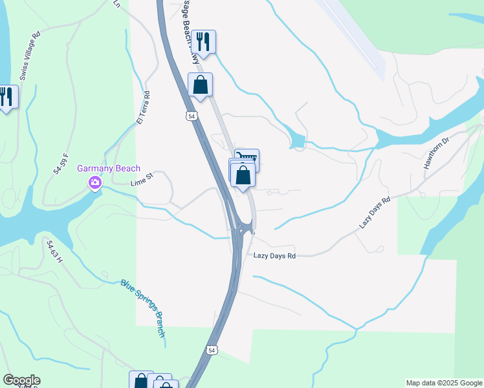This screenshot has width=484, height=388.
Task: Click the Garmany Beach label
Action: pyautogui.click(x=109, y=169)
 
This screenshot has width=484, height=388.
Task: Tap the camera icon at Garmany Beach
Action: pyautogui.click(x=95, y=184)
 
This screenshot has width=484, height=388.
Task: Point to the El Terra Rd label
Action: pyautogui.click(x=143, y=107)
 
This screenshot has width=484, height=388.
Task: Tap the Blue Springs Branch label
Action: pyautogui.click(x=144, y=308)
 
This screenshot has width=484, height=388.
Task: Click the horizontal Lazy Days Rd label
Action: pyautogui.click(x=274, y=256)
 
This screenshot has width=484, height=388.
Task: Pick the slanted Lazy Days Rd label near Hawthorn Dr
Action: pyautogui.click(x=375, y=213)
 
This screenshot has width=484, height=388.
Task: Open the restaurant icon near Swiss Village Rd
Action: pyautogui.click(x=6, y=97)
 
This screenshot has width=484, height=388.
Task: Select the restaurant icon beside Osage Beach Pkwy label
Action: pyautogui.click(x=204, y=42)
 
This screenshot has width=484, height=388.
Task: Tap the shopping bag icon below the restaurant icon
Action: pyautogui.click(x=201, y=84)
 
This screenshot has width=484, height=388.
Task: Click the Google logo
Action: pyautogui.click(x=21, y=380)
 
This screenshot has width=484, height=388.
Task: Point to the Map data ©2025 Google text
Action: pyautogui.click(x=444, y=383)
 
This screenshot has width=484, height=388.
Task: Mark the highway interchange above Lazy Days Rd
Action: pyautogui.click(x=243, y=227)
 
